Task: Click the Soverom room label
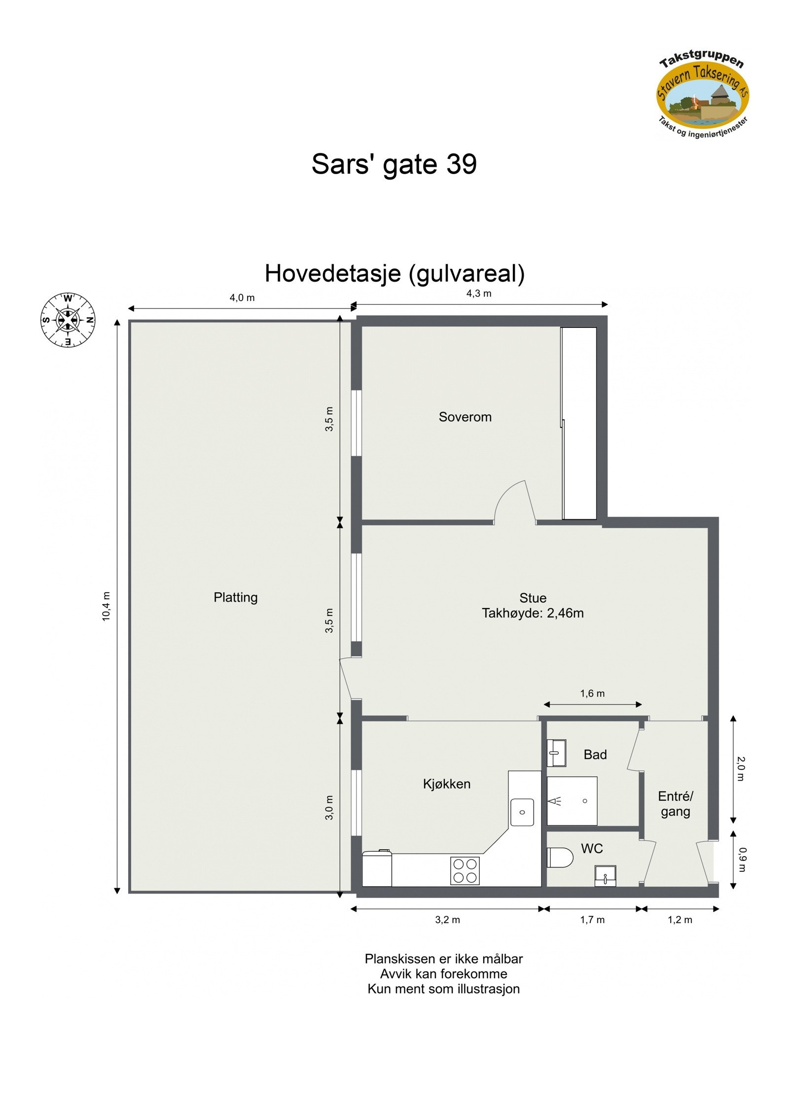(465, 417)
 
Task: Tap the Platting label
(235, 597)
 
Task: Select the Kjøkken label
(446, 784)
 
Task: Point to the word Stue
(533, 598)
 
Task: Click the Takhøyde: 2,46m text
(533, 613)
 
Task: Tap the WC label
(592, 848)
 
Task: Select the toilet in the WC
(560, 857)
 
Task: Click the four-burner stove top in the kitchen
(465, 870)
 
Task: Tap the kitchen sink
(522, 812)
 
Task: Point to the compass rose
(68, 320)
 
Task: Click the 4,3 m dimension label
(479, 293)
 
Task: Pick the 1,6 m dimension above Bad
(592, 693)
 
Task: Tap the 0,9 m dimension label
(743, 860)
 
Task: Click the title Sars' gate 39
(394, 164)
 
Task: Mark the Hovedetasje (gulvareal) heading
(394, 273)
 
